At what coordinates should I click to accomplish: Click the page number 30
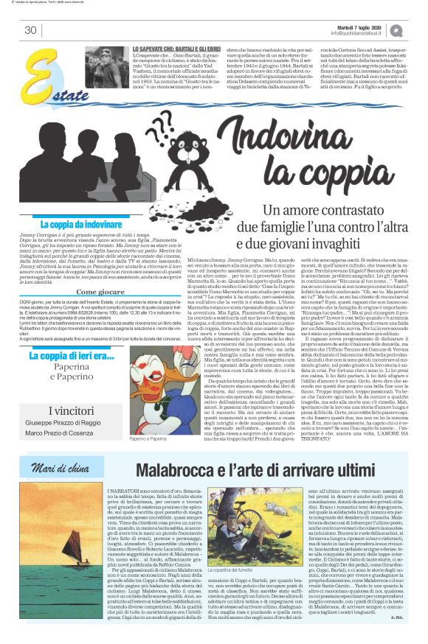[x=30, y=30]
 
